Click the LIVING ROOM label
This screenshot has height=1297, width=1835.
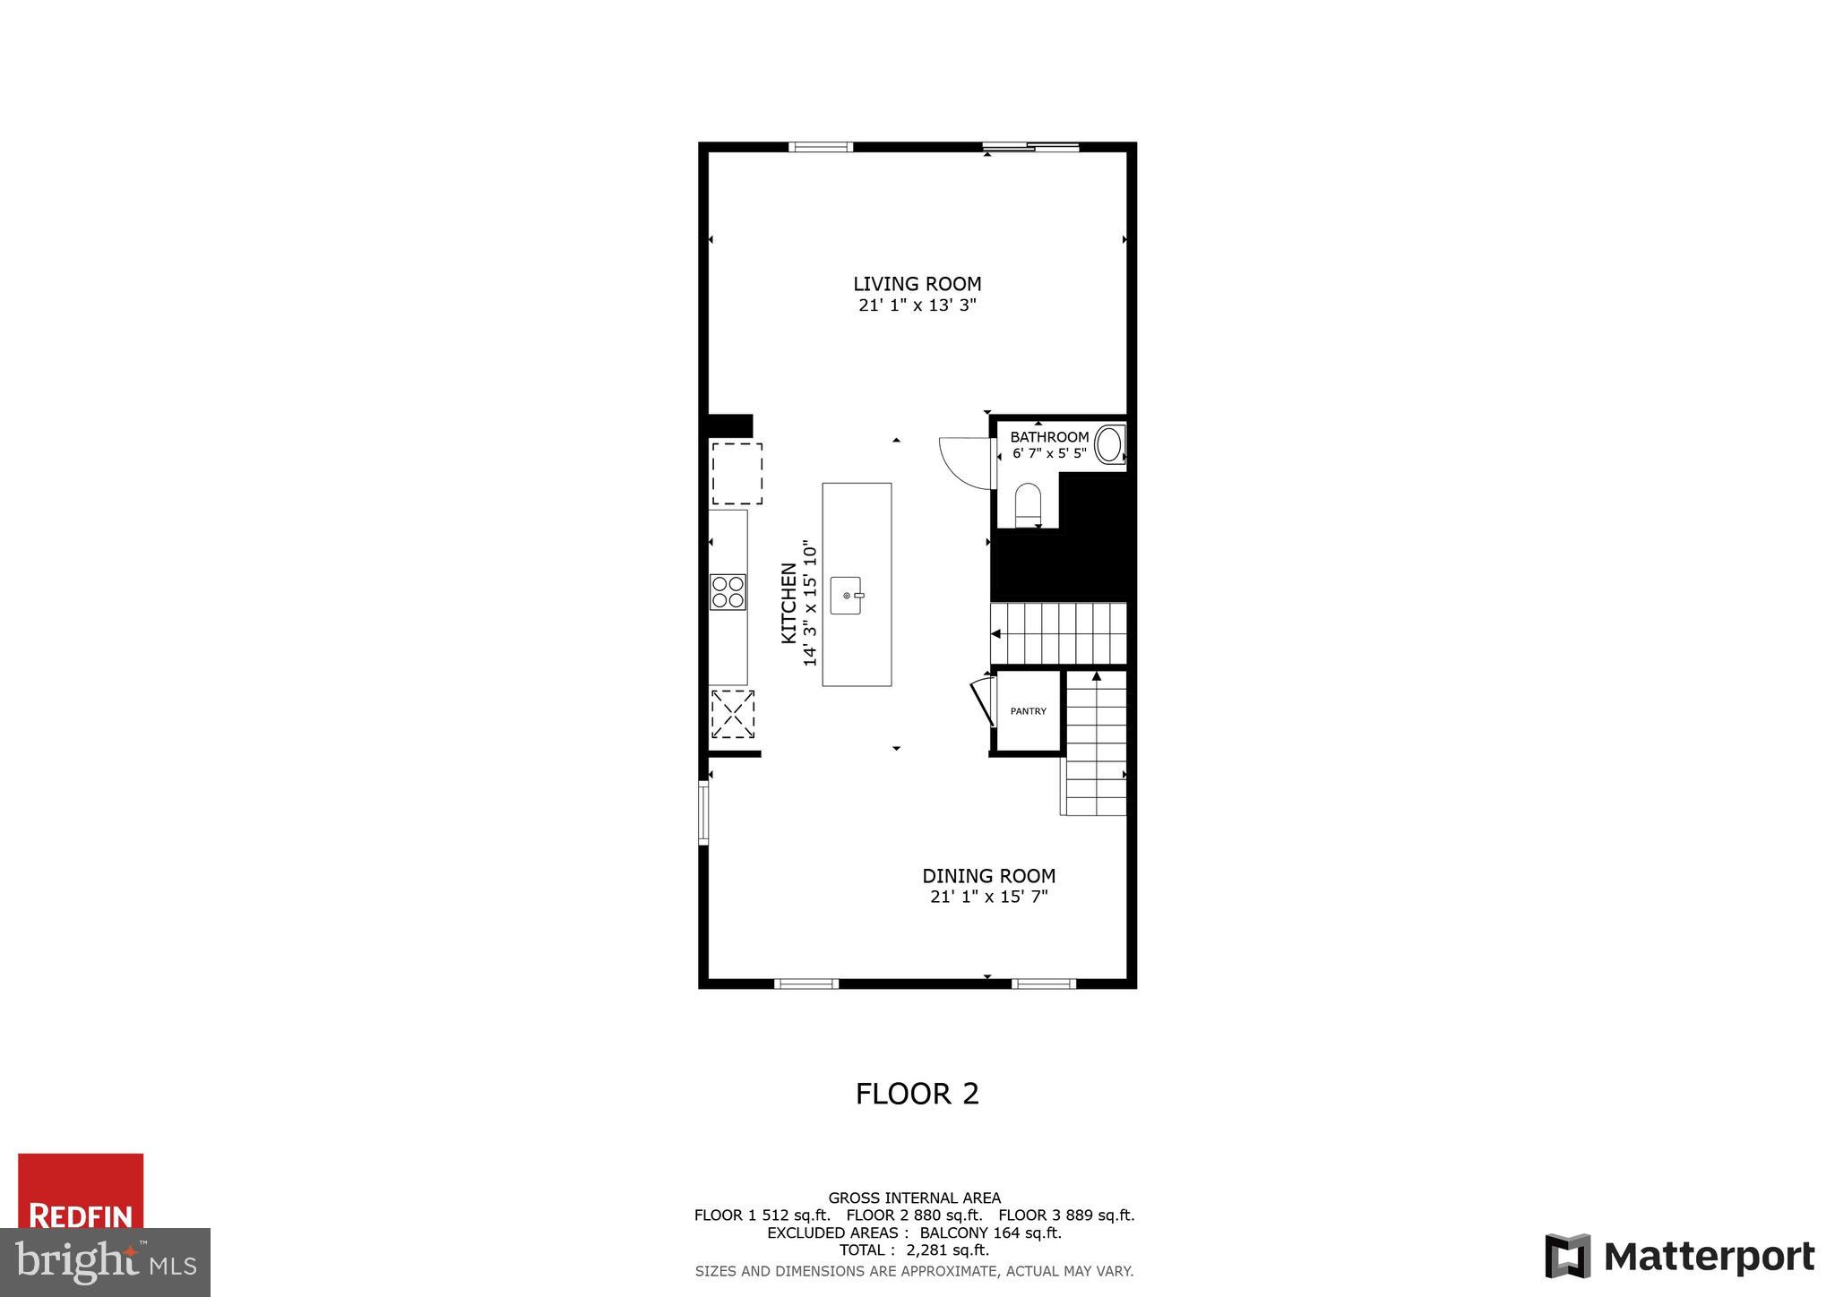click(917, 284)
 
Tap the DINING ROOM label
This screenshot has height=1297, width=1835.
click(988, 876)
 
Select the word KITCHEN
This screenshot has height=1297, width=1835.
click(788, 602)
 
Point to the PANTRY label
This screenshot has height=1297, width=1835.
click(1028, 711)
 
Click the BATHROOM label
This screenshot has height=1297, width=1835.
click(1049, 437)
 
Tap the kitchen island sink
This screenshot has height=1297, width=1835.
click(847, 596)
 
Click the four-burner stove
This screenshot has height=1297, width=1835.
click(728, 592)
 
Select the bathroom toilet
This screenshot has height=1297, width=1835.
click(1028, 504)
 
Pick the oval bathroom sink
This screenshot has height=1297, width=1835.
click(1108, 445)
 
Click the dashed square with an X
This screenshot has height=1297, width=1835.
click(732, 714)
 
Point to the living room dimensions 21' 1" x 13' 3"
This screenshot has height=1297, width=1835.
click(917, 305)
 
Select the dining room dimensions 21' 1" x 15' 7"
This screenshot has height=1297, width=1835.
click(988, 897)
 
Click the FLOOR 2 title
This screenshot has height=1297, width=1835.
click(917, 1094)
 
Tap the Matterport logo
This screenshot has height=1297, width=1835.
click(1679, 1257)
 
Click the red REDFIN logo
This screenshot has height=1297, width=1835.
click(81, 1191)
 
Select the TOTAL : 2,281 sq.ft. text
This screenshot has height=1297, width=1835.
click(914, 1250)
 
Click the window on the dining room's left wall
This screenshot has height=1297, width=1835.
click(703, 812)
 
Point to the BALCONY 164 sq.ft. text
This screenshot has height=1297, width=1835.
click(990, 1233)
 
